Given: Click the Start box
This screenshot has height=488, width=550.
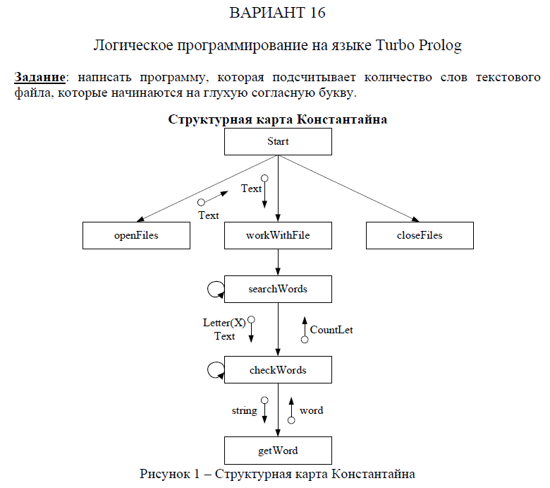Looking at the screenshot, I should coord(278,141).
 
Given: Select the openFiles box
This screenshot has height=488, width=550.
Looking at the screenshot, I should coord(136,235).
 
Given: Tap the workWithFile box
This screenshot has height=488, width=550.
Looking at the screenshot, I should coord(278,235).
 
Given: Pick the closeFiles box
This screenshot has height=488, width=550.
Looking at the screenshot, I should coord(420,235).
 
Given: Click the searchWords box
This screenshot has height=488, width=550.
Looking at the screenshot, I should coord(278,289).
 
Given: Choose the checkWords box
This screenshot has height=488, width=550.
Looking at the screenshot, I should coord(278,369).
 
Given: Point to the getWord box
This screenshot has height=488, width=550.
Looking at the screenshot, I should coord(278,450).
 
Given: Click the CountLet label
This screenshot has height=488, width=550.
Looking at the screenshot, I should coord(331,329).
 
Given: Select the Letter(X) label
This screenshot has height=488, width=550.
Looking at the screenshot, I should coord(224,323).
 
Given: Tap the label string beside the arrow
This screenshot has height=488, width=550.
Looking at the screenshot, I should coord(244,410).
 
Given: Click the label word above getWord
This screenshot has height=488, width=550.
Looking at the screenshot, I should coord(311,410).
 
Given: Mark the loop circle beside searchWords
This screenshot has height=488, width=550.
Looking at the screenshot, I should coord(215,288).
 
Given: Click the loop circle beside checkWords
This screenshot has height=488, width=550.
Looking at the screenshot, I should coord(215,369).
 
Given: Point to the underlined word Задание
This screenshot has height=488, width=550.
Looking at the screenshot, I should coord(39,76).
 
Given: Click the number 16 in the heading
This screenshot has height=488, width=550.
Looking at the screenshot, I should coord(317,13).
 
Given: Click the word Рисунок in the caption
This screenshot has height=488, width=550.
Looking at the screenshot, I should coord(164,472).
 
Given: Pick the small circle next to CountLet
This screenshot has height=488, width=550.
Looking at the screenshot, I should coord(305,340).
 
